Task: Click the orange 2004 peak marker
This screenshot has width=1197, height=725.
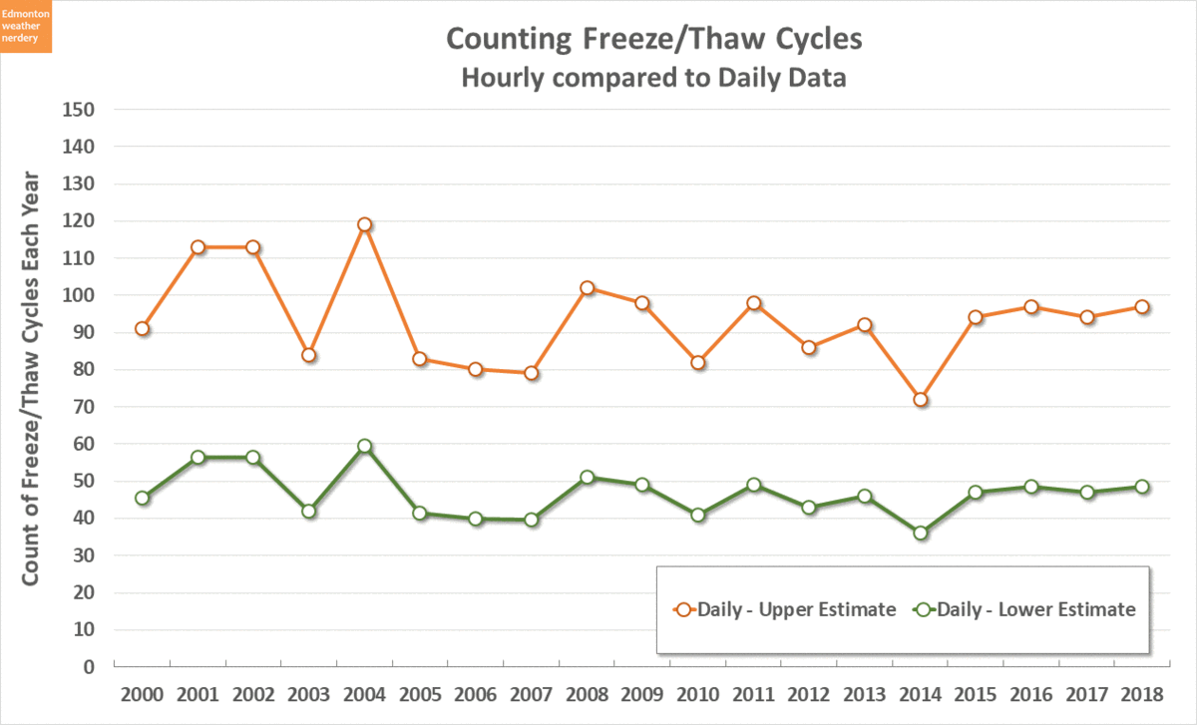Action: [x=365, y=225]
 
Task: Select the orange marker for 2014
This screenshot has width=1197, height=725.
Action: [x=921, y=400]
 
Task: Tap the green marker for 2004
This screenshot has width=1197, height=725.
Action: [x=365, y=447]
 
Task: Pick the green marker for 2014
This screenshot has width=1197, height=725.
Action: [x=921, y=533]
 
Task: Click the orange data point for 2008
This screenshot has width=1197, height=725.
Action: [x=588, y=288]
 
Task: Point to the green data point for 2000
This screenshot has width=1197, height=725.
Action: [x=143, y=498]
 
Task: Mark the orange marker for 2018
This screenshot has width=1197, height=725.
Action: [x=1143, y=307]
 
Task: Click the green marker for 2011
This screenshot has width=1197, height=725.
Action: [x=754, y=485]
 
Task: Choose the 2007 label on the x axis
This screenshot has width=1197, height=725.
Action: [x=531, y=693]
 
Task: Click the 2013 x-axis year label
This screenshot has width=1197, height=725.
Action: [x=865, y=693]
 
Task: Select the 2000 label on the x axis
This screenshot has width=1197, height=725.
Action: [x=143, y=693]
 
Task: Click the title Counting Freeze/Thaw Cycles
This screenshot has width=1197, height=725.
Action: [x=653, y=39]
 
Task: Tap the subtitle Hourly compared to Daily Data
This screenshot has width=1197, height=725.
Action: [x=653, y=78]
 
